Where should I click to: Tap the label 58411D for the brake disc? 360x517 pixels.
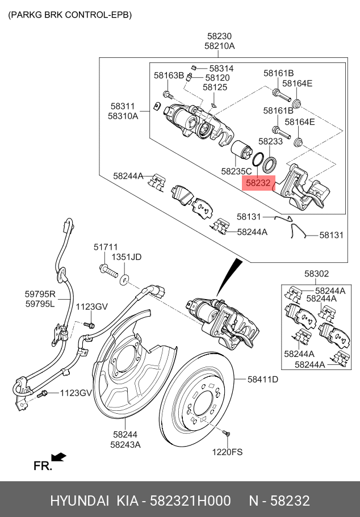pos(262,380)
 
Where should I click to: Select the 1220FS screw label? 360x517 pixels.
pos(228,452)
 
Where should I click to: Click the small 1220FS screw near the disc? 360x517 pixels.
pos(227,434)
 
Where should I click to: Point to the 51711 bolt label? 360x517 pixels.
pos(106,247)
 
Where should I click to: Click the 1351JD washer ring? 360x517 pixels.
pos(124,278)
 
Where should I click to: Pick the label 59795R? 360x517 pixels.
pos(40,294)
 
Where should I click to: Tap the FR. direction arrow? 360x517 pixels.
pos(58,457)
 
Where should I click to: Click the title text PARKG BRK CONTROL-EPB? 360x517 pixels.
pos(70,15)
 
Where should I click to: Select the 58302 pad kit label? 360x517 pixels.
pos(316,274)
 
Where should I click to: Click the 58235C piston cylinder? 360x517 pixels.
pos(244,150)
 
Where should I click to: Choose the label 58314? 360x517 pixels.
pos(221,68)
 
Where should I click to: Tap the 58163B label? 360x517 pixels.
pos(169,75)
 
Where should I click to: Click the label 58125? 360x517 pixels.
pos(215,87)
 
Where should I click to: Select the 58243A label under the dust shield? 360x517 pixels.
pos(125,444)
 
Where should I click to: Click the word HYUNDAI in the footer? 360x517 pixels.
pos(79,501)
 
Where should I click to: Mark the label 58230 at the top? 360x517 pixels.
pos(219,36)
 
